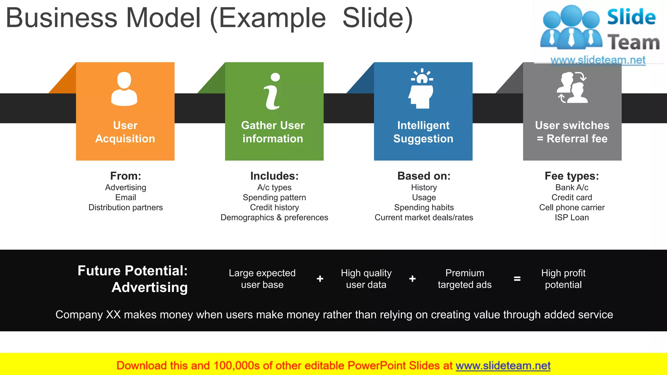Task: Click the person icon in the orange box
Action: coord(124,89)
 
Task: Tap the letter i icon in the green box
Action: coord(273,91)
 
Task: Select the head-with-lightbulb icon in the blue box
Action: coord(421,89)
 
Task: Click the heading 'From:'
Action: coord(125,176)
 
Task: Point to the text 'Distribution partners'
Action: coord(125,208)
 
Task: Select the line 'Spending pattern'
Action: coord(274,198)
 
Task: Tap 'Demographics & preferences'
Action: coord(274,217)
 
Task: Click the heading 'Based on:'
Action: coord(424,176)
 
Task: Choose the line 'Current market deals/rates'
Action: coord(424,217)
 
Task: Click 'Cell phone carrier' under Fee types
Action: coord(572,208)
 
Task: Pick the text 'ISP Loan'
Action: coord(572,217)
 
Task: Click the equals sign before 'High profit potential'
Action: coord(517,279)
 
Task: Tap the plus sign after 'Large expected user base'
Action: coord(320,279)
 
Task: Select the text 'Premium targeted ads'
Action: coord(464,279)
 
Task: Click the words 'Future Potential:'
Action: coord(133,271)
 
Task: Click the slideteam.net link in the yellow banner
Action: coord(503,366)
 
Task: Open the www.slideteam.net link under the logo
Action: coord(598,60)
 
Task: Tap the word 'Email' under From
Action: coord(125,198)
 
